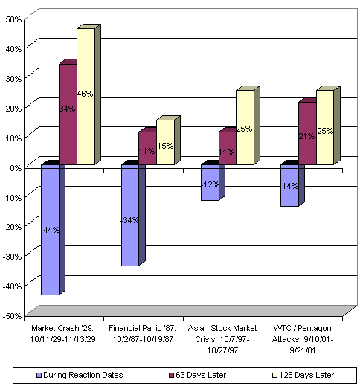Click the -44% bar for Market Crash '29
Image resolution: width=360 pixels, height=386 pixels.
[x=50, y=230]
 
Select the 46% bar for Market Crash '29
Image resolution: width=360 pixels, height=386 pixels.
[x=86, y=97]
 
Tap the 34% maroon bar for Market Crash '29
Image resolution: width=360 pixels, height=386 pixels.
[x=68, y=115]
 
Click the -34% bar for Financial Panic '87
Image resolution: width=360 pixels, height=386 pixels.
[x=129, y=215]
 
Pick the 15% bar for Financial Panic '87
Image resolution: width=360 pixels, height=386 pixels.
[x=165, y=142]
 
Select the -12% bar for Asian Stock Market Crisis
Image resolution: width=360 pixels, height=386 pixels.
[x=210, y=183]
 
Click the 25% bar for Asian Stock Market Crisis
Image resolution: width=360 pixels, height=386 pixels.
[x=245, y=127]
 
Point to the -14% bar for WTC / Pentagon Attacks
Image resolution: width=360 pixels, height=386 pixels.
[x=289, y=186]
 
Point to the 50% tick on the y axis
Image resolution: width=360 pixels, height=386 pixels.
[x=14, y=18]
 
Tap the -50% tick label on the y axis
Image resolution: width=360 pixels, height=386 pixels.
[x=13, y=315]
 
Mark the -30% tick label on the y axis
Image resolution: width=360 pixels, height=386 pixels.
[x=13, y=256]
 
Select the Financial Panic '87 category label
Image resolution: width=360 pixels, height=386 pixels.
[x=143, y=332]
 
